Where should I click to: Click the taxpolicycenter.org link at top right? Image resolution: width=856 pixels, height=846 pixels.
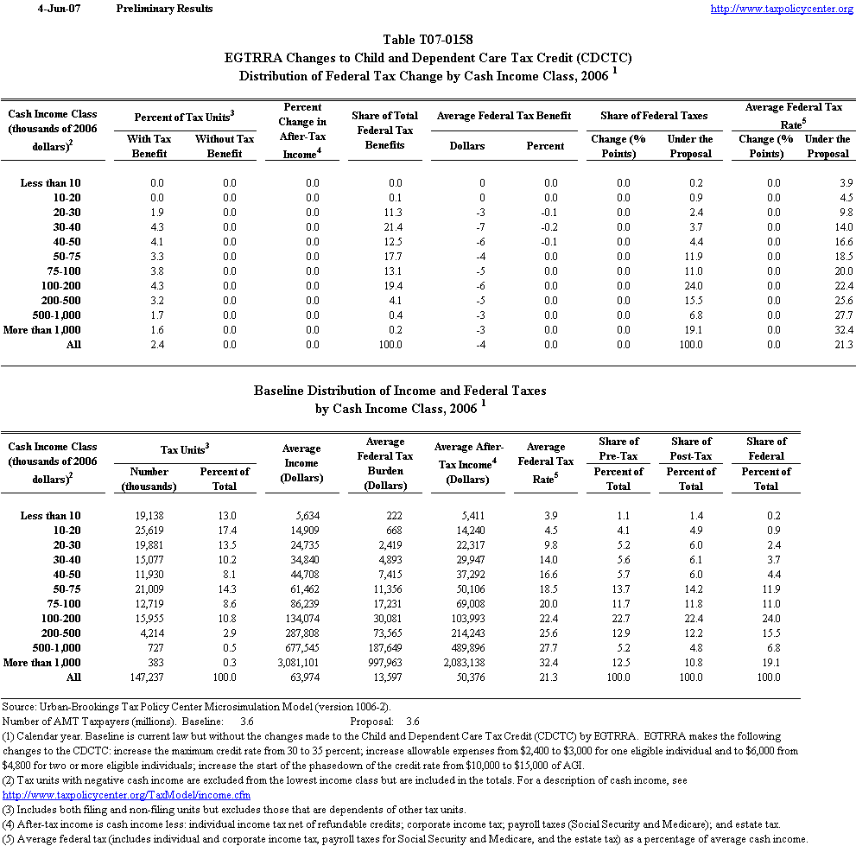[x=781, y=9]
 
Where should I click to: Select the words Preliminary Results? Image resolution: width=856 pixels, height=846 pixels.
[x=164, y=9]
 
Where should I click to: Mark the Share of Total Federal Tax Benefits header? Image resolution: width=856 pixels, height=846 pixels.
[x=384, y=130]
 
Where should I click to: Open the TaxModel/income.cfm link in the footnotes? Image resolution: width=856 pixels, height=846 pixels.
[x=127, y=794]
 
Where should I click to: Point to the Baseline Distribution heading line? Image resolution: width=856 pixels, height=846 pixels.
[x=400, y=391]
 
